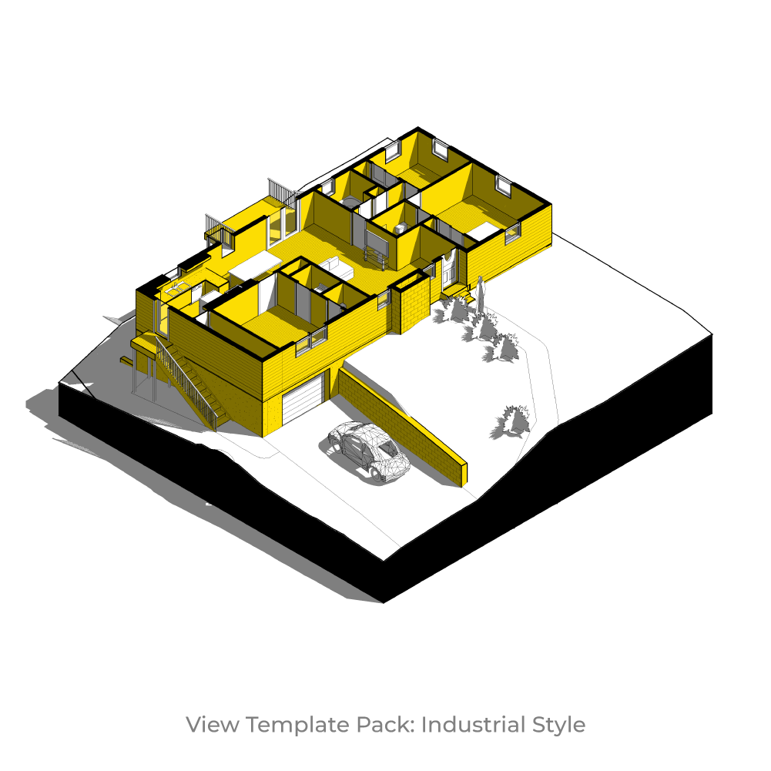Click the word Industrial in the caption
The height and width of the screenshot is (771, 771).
[473, 725]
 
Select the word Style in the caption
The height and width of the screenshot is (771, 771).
[558, 725]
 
